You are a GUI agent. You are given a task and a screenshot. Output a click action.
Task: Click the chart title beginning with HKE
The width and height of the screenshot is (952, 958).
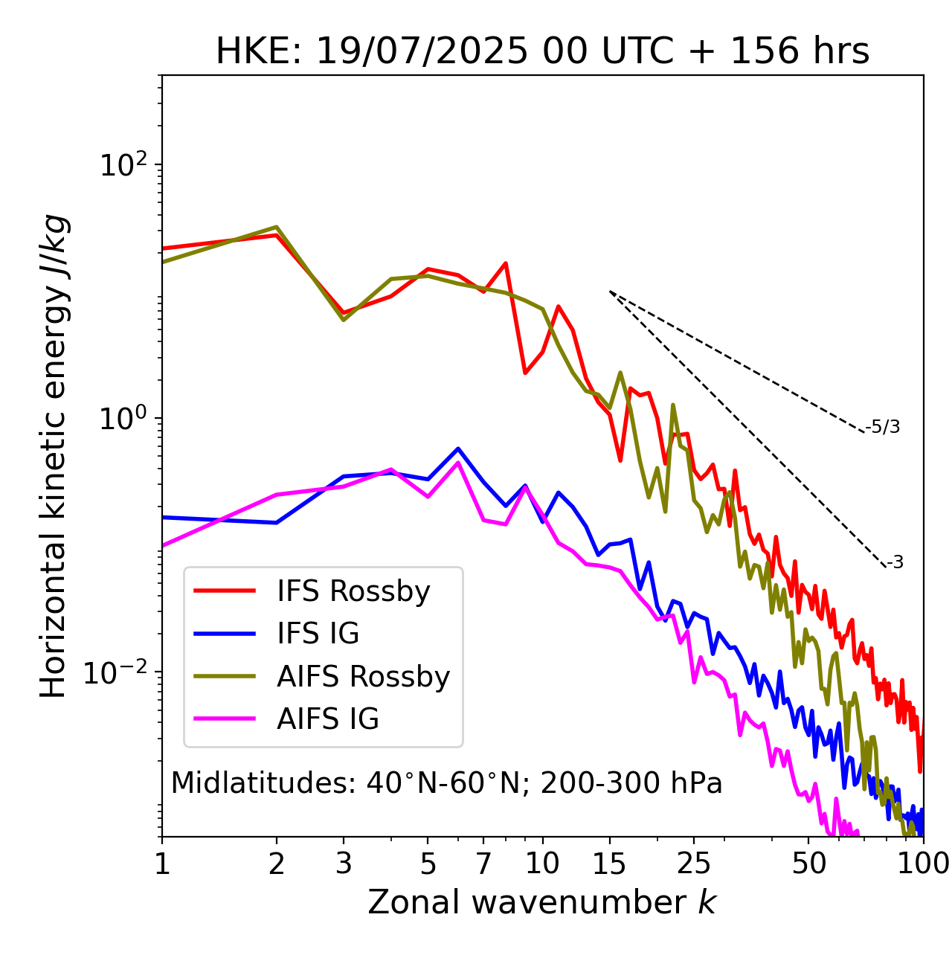[x=542, y=51]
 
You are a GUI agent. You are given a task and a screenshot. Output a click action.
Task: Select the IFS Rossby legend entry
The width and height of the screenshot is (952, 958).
[x=353, y=591]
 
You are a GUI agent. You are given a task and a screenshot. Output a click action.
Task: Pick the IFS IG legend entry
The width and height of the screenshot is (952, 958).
[x=318, y=634]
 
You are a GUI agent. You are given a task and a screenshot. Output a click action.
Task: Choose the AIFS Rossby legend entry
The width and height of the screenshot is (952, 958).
[x=363, y=677]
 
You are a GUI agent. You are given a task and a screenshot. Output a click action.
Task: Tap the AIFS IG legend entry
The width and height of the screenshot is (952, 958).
[x=327, y=719]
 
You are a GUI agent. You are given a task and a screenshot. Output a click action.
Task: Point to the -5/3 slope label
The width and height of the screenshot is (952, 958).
[x=883, y=427]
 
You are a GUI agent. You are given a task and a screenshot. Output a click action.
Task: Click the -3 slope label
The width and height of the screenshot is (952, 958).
[x=895, y=563]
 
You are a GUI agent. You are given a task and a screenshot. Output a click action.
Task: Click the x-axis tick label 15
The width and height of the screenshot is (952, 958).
[x=609, y=864]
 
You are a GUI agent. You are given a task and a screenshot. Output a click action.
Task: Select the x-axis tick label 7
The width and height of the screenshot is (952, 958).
[x=483, y=864]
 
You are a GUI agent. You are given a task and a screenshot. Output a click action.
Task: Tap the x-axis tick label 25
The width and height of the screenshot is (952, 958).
[x=694, y=864]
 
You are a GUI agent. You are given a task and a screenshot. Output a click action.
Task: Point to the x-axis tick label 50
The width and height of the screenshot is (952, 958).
[x=808, y=864]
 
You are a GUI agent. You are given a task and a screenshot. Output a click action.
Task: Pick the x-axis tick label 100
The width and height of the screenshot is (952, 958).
[x=923, y=864]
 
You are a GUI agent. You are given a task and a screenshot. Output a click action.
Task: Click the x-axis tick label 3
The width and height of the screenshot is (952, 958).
[x=344, y=864]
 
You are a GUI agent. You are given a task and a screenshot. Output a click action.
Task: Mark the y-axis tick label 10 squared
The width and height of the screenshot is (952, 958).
[x=123, y=164]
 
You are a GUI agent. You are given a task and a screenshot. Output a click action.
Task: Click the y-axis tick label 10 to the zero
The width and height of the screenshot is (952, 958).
[x=123, y=418]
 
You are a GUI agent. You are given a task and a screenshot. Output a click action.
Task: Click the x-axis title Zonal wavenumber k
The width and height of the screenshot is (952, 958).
[x=542, y=902]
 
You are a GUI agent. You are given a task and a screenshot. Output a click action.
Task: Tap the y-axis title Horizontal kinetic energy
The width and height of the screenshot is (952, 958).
[x=54, y=456]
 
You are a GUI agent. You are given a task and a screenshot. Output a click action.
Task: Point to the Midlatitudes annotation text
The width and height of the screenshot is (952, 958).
[x=446, y=783]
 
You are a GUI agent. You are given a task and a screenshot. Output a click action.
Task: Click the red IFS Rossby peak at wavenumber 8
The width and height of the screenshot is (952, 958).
[x=506, y=263]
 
